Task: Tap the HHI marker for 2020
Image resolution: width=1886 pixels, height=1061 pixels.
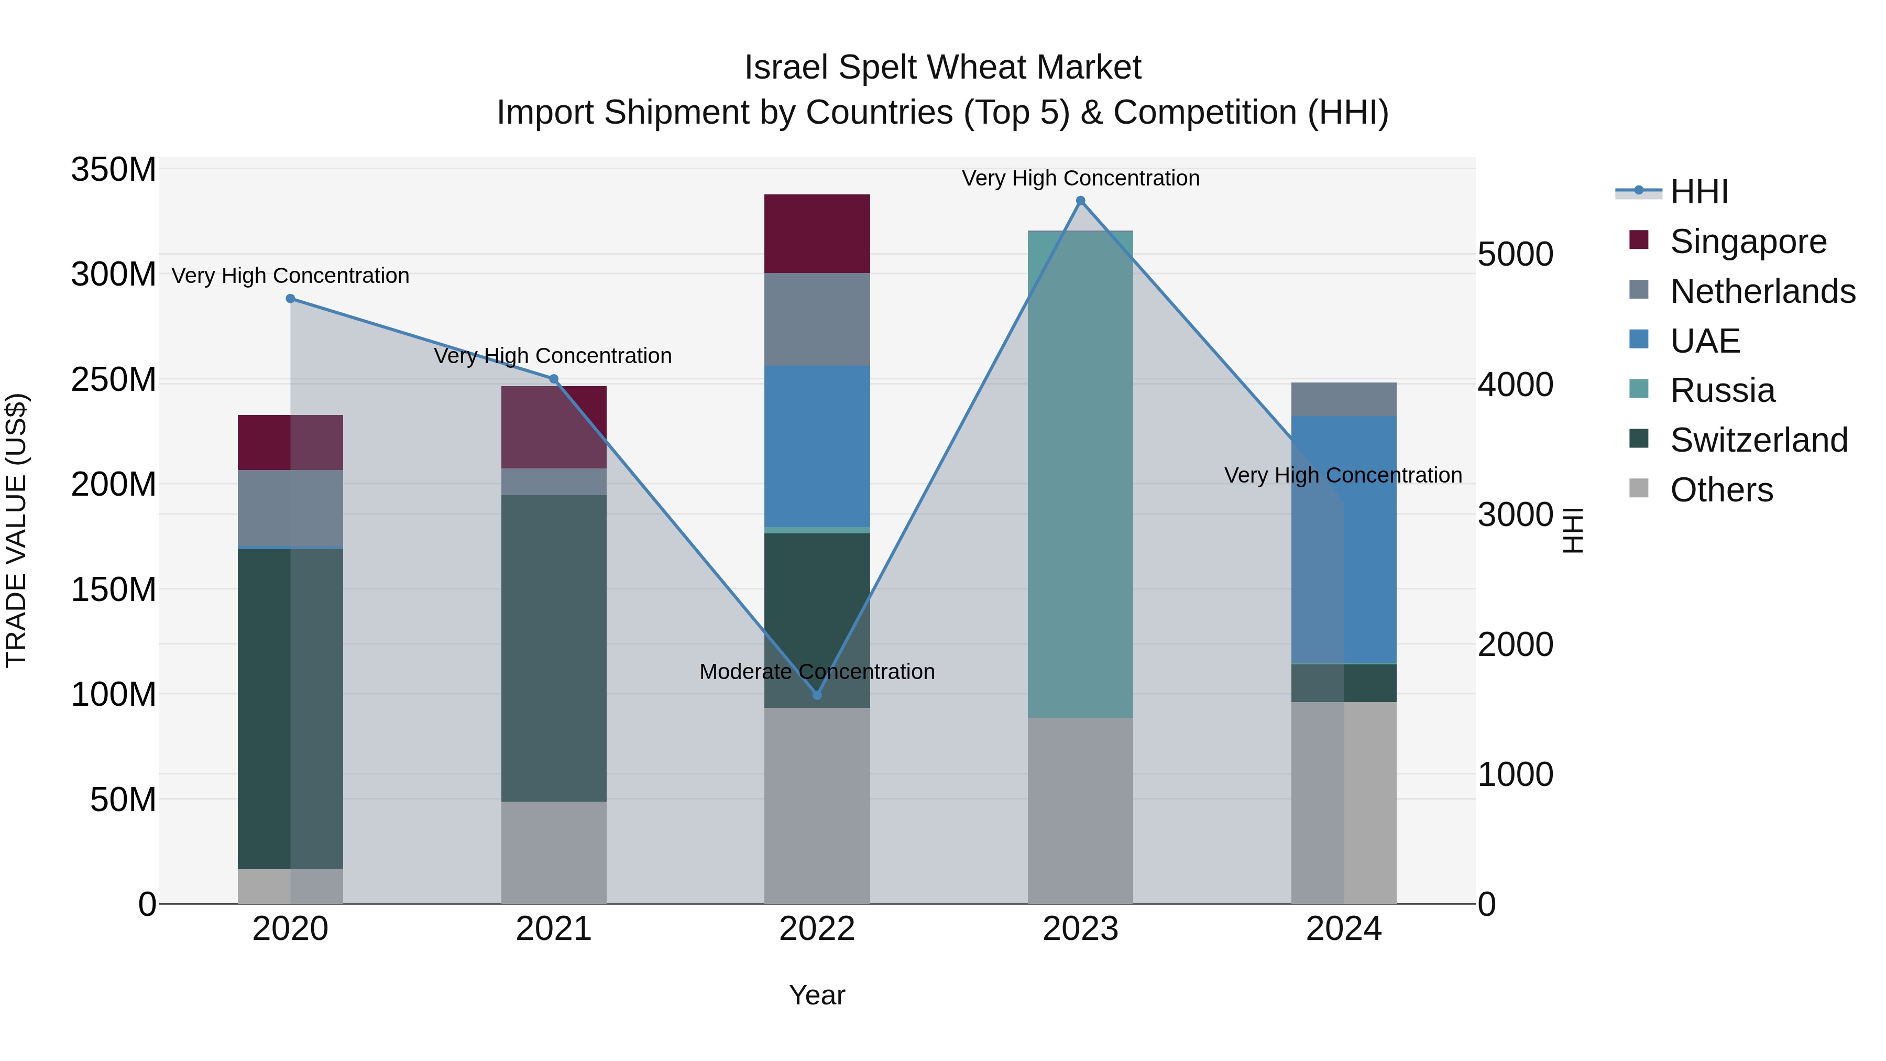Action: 291,299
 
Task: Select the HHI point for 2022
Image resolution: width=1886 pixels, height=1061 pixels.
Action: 817,694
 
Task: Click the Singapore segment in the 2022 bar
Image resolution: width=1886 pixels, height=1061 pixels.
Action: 817,234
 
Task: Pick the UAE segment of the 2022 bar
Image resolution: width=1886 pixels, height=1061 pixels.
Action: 817,446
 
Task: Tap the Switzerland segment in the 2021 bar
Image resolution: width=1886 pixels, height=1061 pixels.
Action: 554,648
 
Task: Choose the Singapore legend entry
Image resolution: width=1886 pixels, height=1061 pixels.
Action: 1748,242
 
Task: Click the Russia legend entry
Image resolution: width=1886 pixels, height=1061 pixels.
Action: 1722,390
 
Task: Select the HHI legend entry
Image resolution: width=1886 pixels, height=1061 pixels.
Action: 1698,192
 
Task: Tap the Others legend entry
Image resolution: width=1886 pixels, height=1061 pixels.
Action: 1720,490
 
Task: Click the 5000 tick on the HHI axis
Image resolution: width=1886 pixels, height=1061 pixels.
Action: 1515,255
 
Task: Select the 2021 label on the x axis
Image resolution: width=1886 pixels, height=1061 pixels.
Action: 554,929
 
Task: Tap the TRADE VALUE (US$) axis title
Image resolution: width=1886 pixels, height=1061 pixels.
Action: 16,530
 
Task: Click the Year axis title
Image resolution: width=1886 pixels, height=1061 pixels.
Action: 817,995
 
